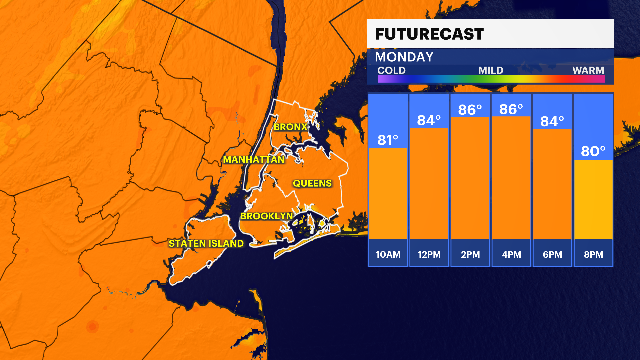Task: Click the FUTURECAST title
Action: click(x=429, y=34)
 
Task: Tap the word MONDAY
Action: click(x=404, y=57)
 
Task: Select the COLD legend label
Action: click(x=391, y=70)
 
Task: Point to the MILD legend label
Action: click(x=491, y=70)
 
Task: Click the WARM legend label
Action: click(x=588, y=70)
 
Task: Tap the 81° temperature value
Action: click(x=388, y=140)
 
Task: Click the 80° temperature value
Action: click(x=593, y=151)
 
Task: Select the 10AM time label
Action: click(x=388, y=255)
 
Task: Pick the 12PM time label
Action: click(x=429, y=255)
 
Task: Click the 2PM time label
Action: click(x=470, y=255)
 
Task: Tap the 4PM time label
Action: click(x=511, y=255)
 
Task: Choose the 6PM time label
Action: click(x=552, y=255)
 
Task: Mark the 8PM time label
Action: click(x=593, y=255)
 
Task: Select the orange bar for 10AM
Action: click(x=388, y=193)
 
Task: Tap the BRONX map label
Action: click(x=290, y=127)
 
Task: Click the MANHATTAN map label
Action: click(x=254, y=160)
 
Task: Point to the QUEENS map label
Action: click(x=312, y=183)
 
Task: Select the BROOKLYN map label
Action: click(x=267, y=216)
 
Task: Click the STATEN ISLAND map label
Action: click(x=206, y=244)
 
